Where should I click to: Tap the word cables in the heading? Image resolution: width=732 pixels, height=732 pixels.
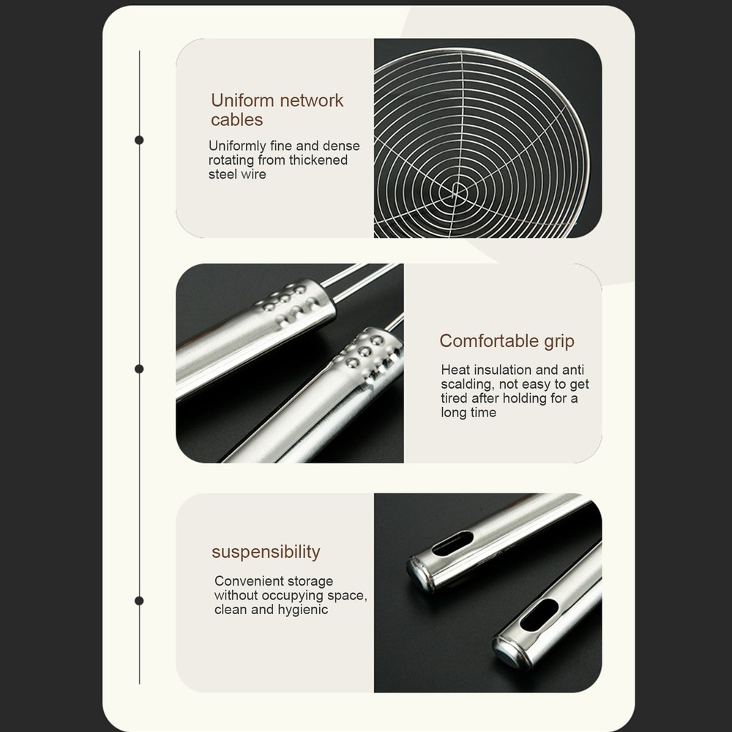[x=236, y=120]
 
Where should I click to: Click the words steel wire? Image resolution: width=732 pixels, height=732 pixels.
[x=237, y=174]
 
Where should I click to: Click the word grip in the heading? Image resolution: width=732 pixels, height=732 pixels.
[x=559, y=342]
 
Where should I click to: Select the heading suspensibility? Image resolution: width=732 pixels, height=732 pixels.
[x=266, y=552]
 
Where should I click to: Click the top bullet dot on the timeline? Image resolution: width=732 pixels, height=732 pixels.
[x=139, y=140]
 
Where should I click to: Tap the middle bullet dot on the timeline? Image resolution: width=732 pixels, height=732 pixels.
[x=139, y=369]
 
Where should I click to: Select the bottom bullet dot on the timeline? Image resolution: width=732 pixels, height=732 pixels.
[x=139, y=601]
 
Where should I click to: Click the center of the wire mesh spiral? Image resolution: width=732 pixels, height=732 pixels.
[x=457, y=190]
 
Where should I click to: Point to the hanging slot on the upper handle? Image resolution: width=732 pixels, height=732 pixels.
[x=452, y=543]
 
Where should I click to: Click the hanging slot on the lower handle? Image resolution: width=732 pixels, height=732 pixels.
[x=539, y=616]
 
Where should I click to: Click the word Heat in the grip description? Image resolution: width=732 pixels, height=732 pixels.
[x=455, y=370]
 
